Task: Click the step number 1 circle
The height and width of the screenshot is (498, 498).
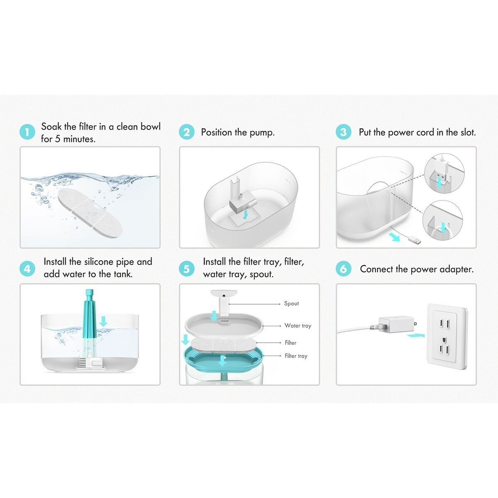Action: pyautogui.click(x=27, y=133)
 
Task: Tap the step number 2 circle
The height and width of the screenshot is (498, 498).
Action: pyautogui.click(x=186, y=132)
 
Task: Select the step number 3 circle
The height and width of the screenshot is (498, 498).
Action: pyautogui.click(x=343, y=132)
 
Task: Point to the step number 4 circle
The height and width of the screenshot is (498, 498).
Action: pyautogui.click(x=27, y=269)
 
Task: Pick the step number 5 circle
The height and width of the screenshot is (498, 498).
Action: pyautogui.click(x=186, y=269)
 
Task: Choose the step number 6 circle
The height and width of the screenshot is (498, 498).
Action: pyautogui.click(x=343, y=269)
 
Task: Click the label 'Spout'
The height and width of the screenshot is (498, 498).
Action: pyautogui.click(x=291, y=304)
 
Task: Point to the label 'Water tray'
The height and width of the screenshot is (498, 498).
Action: pyautogui.click(x=298, y=326)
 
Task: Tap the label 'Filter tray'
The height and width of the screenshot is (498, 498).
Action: pyautogui.click(x=296, y=356)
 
